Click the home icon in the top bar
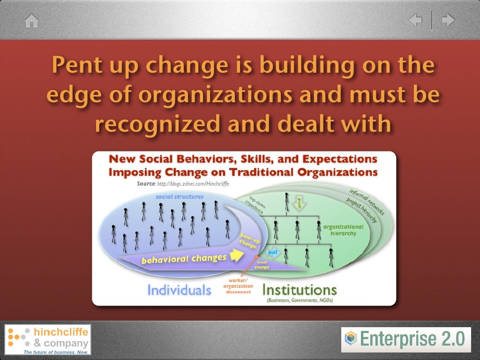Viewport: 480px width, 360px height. pos(31,21)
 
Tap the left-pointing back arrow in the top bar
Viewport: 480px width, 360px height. pos(416,21)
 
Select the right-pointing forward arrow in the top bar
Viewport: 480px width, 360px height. pos(448,21)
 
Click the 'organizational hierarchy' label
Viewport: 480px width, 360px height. pos(343,230)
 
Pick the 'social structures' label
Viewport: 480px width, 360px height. pos(180,197)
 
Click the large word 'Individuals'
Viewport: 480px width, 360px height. pos(179,290)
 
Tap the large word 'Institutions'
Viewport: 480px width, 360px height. pos(299,289)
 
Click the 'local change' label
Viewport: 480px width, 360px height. pos(262,265)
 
